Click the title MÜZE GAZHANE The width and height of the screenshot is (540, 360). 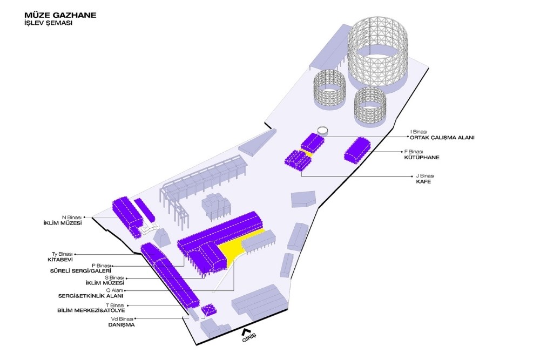click(x=60, y=15)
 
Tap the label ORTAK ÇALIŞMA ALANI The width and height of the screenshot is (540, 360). click(x=442, y=138)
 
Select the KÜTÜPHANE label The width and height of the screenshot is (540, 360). click(x=421, y=158)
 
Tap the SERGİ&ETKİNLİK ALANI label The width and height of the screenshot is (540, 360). click(x=91, y=296)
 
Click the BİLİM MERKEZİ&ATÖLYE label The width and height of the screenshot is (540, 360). click(x=91, y=310)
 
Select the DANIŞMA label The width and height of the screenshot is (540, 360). click(x=121, y=325)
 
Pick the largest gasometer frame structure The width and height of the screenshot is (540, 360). click(x=381, y=51)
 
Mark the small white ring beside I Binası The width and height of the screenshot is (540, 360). click(x=322, y=130)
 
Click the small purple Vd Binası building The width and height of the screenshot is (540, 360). click(x=208, y=310)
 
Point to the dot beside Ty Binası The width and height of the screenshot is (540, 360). click(x=75, y=254)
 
